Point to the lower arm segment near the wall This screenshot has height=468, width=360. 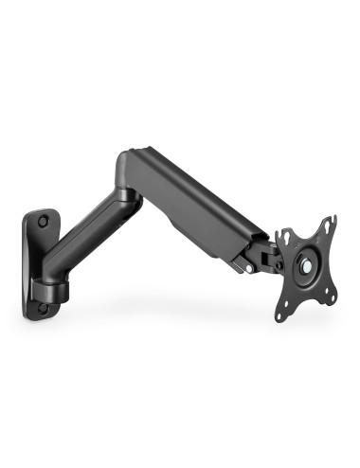point(90,242)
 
